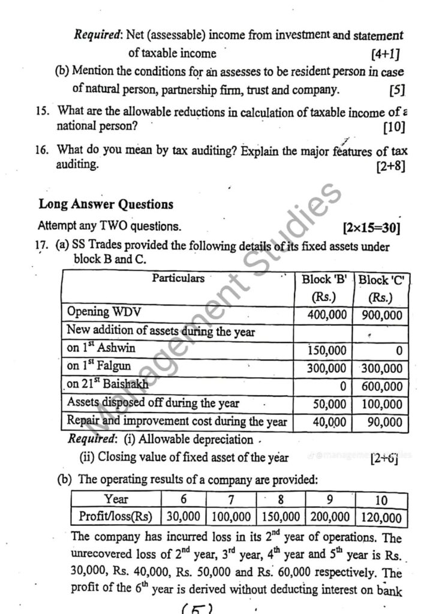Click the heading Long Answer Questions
point(106,204)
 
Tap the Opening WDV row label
point(97,312)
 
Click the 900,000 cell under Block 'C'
point(382,315)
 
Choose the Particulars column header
point(178,278)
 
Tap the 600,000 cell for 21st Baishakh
point(382,387)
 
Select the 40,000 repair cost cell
point(329,422)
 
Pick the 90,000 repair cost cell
point(384,422)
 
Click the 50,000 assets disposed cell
point(329,405)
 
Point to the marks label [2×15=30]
point(371,228)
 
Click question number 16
point(41,150)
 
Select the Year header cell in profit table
point(116,499)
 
